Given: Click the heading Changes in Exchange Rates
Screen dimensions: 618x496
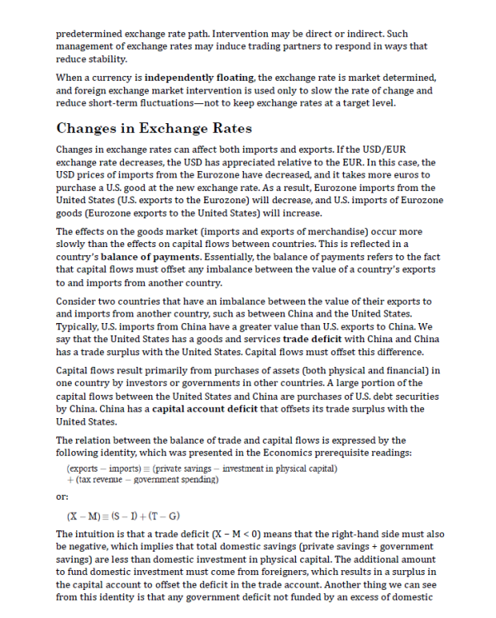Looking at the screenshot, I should (154, 130).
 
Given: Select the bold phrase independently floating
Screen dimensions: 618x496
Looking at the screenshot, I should (199, 78).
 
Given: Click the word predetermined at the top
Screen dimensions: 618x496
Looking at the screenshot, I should (94, 35).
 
